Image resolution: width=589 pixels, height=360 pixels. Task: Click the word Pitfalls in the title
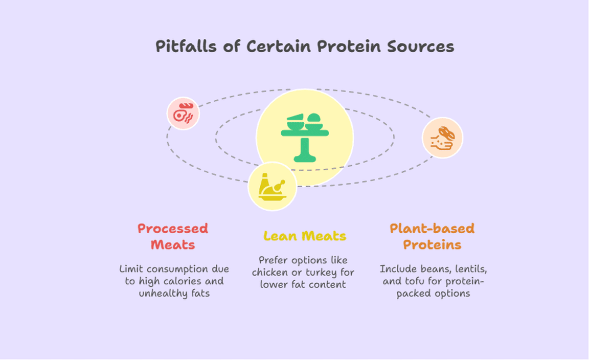click(x=187, y=47)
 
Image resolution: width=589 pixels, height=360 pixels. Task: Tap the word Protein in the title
click(x=348, y=47)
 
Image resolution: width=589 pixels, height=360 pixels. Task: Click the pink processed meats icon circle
click(x=183, y=114)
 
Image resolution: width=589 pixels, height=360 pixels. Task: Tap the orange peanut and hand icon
click(x=442, y=138)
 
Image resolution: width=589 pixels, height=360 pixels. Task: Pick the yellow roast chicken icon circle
click(x=272, y=187)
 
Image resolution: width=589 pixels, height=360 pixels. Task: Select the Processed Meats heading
click(x=173, y=236)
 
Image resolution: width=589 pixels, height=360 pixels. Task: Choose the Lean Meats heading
click(x=305, y=236)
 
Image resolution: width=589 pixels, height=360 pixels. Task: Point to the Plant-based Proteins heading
click(x=432, y=236)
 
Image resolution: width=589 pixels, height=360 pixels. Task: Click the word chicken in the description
click(x=269, y=272)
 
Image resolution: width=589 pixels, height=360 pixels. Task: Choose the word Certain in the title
click(x=279, y=47)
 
